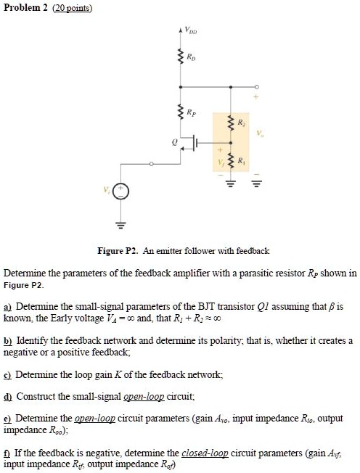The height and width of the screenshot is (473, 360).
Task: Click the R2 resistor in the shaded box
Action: tap(231, 125)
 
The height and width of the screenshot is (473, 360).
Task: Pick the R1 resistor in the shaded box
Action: tap(231, 160)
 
